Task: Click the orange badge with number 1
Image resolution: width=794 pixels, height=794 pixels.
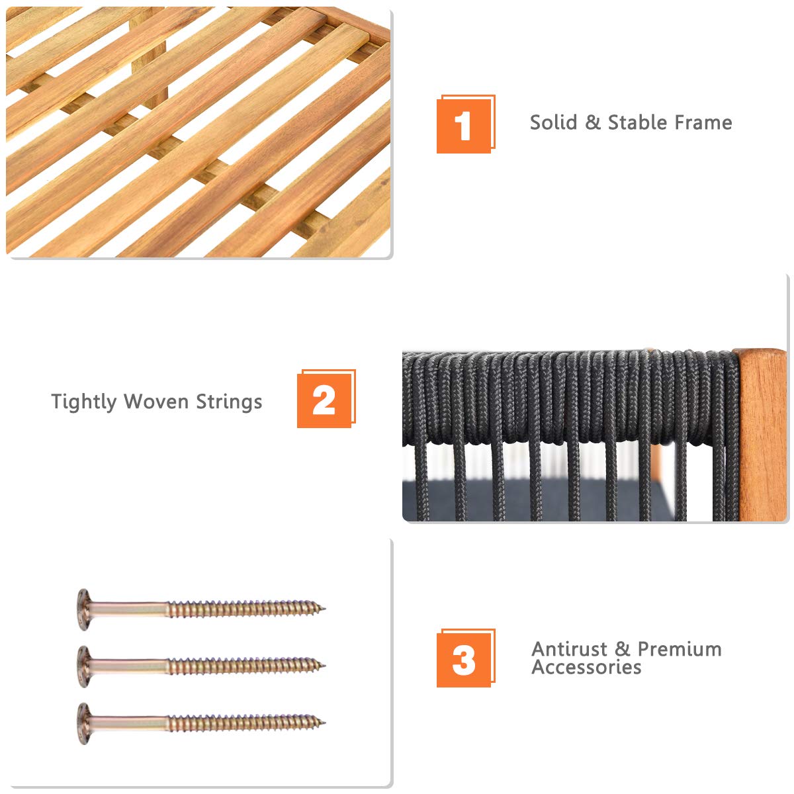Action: pyautogui.click(x=466, y=124)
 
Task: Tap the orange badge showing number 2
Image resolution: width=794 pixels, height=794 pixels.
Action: pyautogui.click(x=326, y=398)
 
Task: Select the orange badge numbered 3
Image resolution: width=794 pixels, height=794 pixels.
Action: pyautogui.click(x=466, y=658)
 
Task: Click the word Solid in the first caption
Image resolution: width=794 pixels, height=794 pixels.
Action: pyautogui.click(x=553, y=122)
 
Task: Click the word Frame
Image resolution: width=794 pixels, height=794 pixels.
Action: pyautogui.click(x=703, y=122)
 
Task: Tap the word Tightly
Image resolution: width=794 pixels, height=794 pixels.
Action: pyautogui.click(x=83, y=402)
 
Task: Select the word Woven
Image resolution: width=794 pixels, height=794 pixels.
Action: pyautogui.click(x=156, y=402)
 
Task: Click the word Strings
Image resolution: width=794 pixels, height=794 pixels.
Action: pyautogui.click(x=229, y=402)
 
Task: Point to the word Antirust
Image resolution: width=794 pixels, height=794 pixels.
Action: pyautogui.click(x=569, y=649)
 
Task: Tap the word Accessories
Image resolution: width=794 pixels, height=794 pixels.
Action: pyautogui.click(x=586, y=667)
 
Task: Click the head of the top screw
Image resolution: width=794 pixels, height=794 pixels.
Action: pyautogui.click(x=83, y=609)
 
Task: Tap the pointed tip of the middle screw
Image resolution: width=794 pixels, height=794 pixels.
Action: pyautogui.click(x=325, y=666)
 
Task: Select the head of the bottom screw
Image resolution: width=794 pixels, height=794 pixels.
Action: pyautogui.click(x=83, y=723)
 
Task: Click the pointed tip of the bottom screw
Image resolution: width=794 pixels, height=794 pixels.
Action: pyautogui.click(x=325, y=723)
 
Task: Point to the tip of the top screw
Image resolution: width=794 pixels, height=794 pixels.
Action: pyautogui.click(x=325, y=608)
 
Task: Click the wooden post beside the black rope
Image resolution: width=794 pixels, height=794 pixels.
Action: pyautogui.click(x=762, y=434)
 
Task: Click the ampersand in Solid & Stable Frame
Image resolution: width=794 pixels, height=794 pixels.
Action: pyautogui.click(x=592, y=123)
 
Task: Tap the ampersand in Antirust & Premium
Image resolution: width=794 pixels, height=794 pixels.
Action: pyautogui.click(x=622, y=649)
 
